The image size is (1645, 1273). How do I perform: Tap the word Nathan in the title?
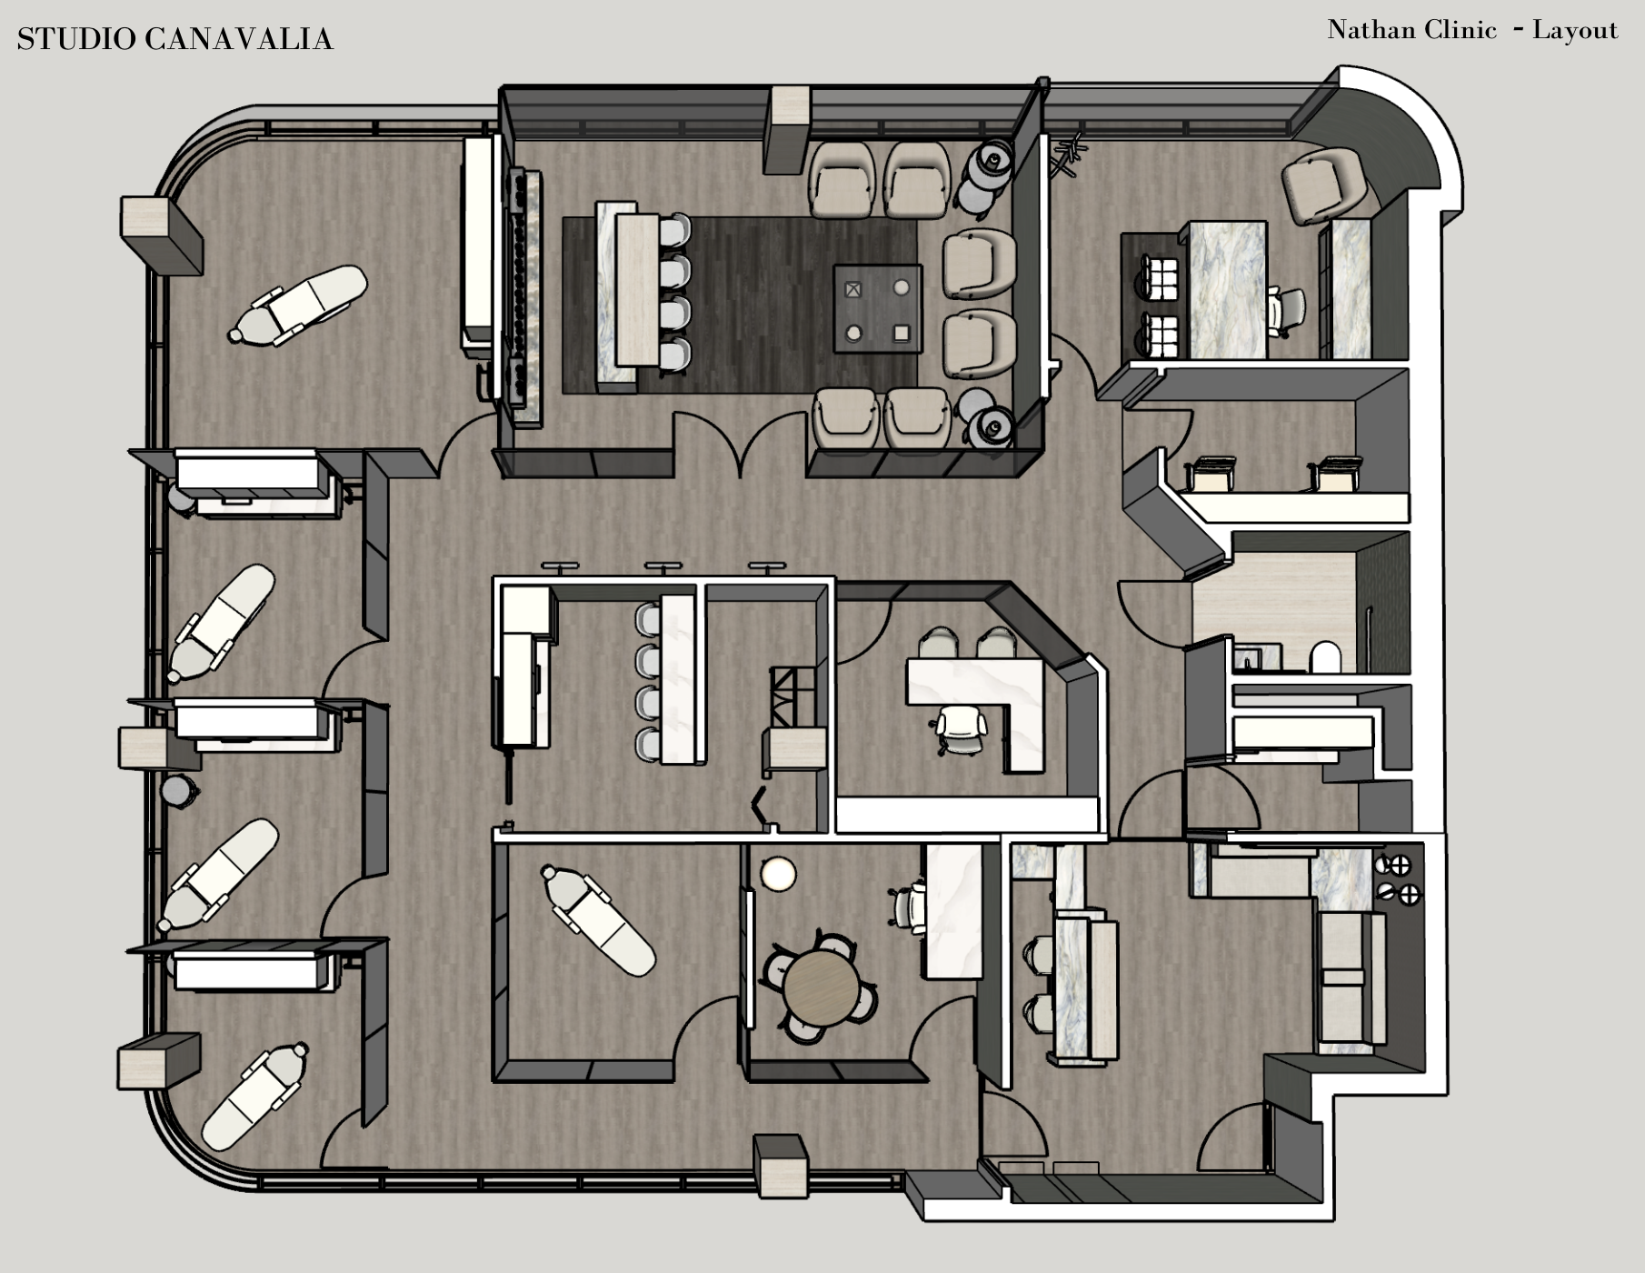click(1366, 30)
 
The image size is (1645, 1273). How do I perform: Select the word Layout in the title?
click(1575, 30)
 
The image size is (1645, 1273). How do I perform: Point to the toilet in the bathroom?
click(1326, 657)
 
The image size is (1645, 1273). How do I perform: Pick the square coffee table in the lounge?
click(877, 309)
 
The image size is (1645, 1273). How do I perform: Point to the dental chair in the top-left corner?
click(300, 304)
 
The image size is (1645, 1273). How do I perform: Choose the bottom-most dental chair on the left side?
click(254, 1095)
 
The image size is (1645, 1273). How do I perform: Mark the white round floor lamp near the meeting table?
click(779, 874)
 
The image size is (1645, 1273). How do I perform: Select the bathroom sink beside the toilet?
click(1258, 657)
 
